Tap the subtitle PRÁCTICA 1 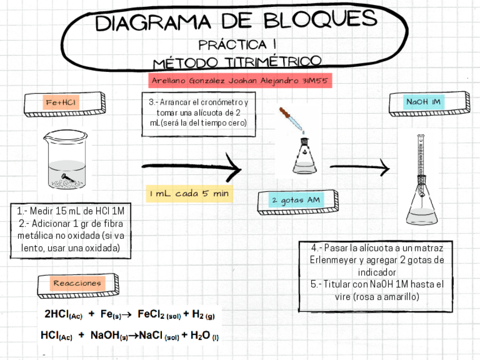click(237, 44)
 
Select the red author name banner click(240, 80)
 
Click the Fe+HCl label click(61, 102)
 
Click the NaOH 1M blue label click(423, 102)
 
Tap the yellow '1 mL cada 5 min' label click(189, 194)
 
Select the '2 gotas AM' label click(295, 200)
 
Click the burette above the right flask click(420, 158)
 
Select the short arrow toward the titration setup click(359, 167)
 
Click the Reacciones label click(77, 283)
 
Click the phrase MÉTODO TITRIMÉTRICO click(237, 61)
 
